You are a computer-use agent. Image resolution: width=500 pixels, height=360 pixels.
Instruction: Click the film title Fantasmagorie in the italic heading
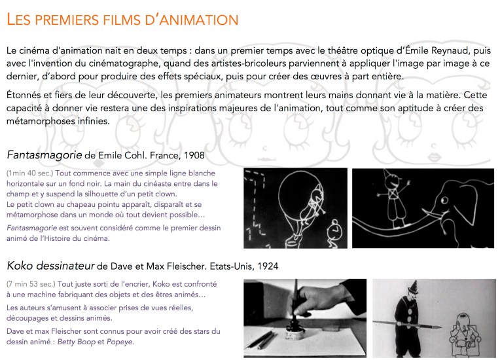pos(44,155)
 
